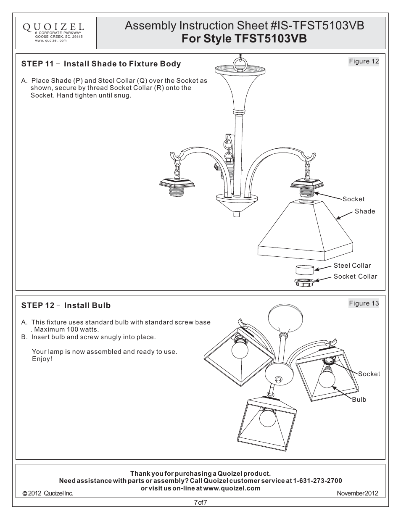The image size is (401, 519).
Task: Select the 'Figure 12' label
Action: [x=364, y=61]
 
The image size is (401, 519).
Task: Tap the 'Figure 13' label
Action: [x=364, y=303]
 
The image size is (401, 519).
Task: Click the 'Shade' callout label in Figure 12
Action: [x=364, y=211]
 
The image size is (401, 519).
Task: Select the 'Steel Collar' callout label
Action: [x=352, y=266]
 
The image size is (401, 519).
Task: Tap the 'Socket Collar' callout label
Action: [x=355, y=277]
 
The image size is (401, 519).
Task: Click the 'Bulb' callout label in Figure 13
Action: [x=359, y=400]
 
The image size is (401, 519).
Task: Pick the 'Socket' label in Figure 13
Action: [x=369, y=374]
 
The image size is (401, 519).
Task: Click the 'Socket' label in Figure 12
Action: [x=353, y=199]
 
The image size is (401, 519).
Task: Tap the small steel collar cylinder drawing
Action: [x=304, y=269]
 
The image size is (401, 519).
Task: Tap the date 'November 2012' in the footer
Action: [x=357, y=493]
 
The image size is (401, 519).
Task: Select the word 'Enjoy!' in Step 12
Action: [x=42, y=359]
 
